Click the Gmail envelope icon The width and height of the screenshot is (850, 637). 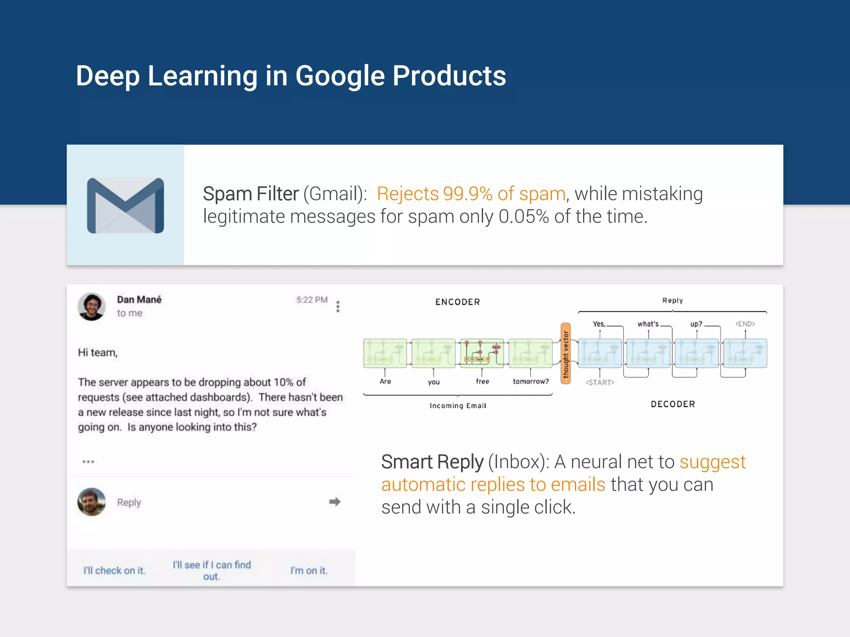[x=125, y=205]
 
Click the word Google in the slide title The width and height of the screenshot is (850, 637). [x=340, y=76]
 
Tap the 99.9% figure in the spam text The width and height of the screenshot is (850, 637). [x=468, y=194]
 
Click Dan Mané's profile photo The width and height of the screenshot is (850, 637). [x=92, y=306]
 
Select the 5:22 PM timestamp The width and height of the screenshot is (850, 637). [x=312, y=300]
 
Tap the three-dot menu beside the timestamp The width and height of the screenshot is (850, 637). [x=338, y=306]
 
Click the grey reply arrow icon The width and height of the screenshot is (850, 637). [x=335, y=502]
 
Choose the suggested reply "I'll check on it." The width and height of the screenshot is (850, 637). [x=115, y=571]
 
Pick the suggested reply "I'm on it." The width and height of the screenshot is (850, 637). [x=309, y=571]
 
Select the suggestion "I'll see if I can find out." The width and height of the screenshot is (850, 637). [x=212, y=571]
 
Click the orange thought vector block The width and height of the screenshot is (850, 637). [x=565, y=353]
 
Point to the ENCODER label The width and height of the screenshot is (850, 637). [x=457, y=302]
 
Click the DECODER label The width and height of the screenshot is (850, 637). [x=673, y=404]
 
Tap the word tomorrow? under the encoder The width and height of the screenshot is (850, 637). [x=531, y=382]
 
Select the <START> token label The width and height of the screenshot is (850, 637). [x=600, y=382]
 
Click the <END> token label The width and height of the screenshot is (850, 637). [x=745, y=324]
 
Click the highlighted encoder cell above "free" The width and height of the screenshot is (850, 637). [x=482, y=353]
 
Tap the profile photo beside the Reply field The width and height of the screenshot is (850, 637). [x=92, y=502]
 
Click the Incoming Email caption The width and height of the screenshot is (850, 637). [x=458, y=406]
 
